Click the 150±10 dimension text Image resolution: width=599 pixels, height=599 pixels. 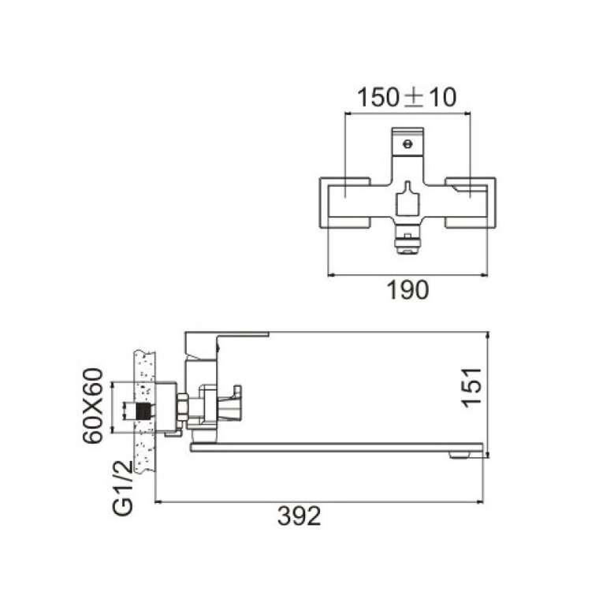point(407,97)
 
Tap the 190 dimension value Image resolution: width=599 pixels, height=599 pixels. point(408,290)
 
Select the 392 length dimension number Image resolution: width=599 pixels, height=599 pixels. point(299,516)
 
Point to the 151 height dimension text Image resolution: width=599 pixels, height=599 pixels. point(471,388)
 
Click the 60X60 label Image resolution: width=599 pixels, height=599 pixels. point(93,405)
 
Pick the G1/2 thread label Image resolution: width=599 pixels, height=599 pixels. point(123,488)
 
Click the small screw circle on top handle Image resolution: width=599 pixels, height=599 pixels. point(408,144)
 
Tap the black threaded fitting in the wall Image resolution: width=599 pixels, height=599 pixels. point(143,411)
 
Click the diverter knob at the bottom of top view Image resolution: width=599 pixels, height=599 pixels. point(408,244)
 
